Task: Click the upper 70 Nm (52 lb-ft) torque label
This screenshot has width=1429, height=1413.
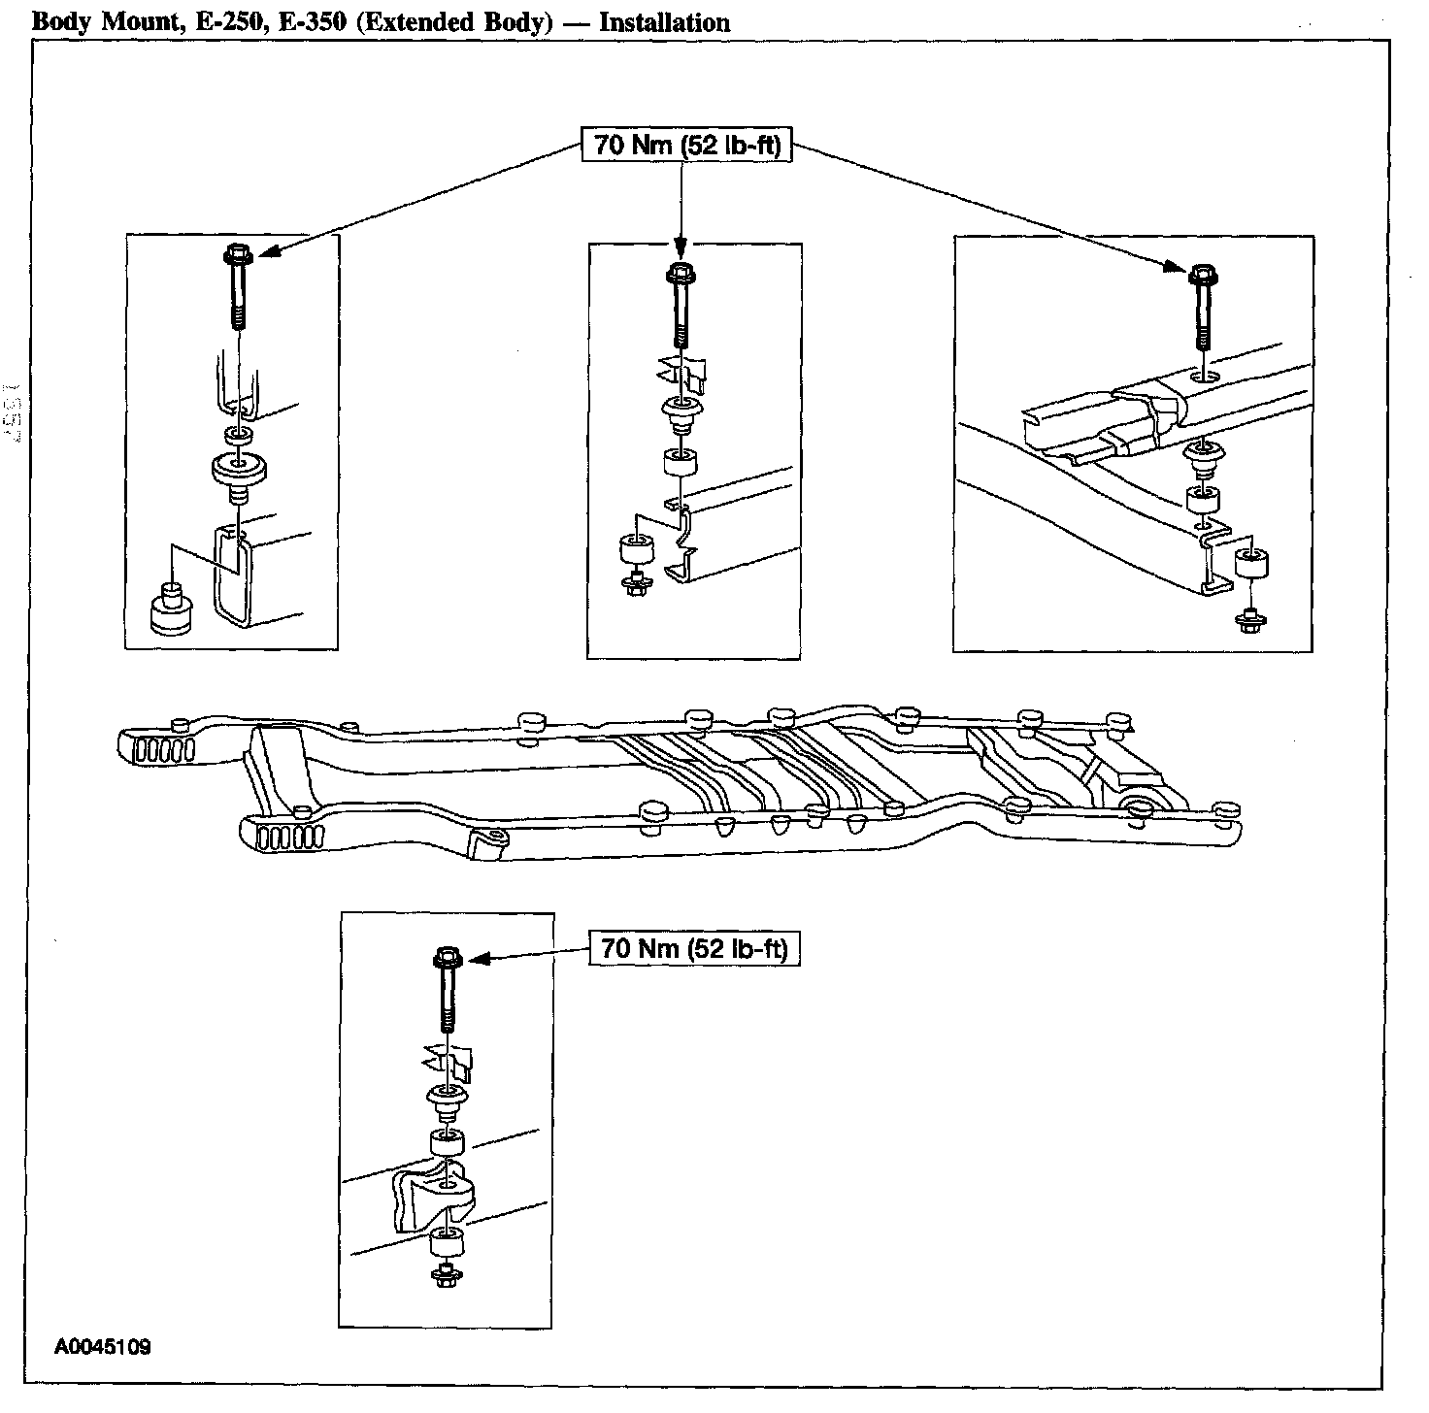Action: click(x=685, y=147)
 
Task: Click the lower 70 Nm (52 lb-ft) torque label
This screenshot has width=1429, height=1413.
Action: click(x=694, y=948)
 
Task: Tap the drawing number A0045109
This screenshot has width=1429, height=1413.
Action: click(x=103, y=1347)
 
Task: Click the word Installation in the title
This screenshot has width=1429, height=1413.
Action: click(x=664, y=21)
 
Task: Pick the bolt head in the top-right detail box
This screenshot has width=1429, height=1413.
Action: click(x=1201, y=275)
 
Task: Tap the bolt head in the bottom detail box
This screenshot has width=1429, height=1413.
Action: click(x=446, y=959)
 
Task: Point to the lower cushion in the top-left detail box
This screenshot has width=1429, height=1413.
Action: click(x=172, y=611)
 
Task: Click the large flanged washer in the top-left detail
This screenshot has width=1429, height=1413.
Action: click(x=239, y=469)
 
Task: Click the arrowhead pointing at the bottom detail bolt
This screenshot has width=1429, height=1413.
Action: click(x=476, y=960)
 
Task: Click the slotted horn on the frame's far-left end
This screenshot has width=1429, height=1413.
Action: click(x=155, y=748)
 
